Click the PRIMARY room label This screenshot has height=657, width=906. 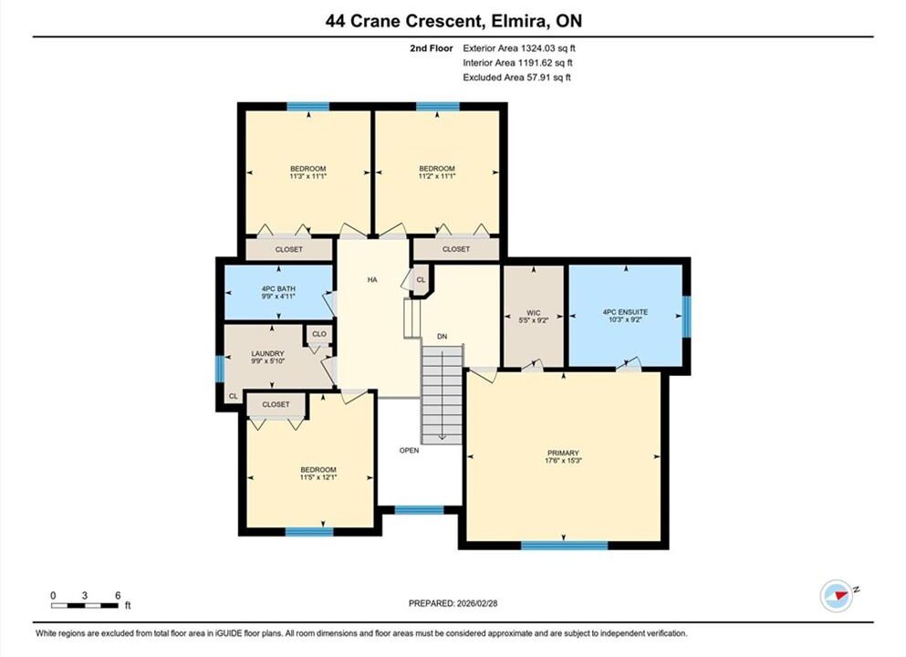[563, 453]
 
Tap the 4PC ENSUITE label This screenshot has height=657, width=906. [625, 312]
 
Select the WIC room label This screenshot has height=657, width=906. [534, 313]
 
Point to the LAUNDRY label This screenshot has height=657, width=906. [267, 354]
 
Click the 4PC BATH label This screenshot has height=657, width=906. [278, 289]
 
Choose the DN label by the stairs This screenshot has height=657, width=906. [442, 337]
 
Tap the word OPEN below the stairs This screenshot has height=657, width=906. [409, 450]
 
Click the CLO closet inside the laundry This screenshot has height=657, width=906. [319, 334]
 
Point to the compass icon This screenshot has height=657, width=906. [836, 596]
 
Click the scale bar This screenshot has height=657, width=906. [84, 606]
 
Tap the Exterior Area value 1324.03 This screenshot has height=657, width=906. [537, 48]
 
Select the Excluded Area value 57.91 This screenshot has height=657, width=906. [536, 78]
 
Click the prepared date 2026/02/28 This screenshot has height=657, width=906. [476, 603]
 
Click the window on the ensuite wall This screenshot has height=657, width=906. [686, 316]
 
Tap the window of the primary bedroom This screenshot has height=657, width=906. [565, 545]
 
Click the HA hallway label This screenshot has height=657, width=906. [372, 279]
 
